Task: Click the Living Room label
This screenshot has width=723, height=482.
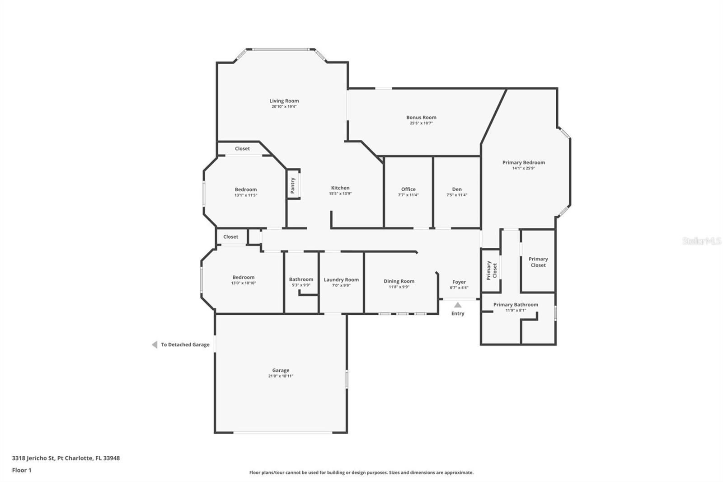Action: (x=284, y=101)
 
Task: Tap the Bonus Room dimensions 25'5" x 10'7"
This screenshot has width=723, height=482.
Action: (x=421, y=123)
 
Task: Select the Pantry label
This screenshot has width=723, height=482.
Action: (x=293, y=185)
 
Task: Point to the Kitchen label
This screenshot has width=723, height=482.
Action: (x=340, y=188)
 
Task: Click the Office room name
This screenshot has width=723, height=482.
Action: (x=408, y=189)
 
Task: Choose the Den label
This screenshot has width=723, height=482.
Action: (x=457, y=189)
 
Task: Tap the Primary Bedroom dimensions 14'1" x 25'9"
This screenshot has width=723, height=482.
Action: (x=524, y=168)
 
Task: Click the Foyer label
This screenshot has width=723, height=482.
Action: (x=459, y=282)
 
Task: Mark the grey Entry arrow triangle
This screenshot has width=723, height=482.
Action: (x=458, y=305)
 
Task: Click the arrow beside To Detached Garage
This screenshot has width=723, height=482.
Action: (x=155, y=345)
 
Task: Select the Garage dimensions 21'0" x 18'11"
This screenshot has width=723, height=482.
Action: (x=281, y=376)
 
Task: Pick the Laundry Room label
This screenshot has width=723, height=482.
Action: (x=341, y=280)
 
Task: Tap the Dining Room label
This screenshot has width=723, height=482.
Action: (x=399, y=281)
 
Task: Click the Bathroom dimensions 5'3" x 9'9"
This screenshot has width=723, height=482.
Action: (x=301, y=285)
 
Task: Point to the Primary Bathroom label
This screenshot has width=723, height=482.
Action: (x=516, y=305)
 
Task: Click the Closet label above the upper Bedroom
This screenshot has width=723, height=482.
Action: (x=242, y=149)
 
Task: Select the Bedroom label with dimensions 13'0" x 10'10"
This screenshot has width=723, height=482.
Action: (x=244, y=277)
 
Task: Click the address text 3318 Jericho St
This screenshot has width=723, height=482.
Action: (x=33, y=458)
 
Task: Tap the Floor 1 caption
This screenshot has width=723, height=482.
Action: (x=22, y=470)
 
